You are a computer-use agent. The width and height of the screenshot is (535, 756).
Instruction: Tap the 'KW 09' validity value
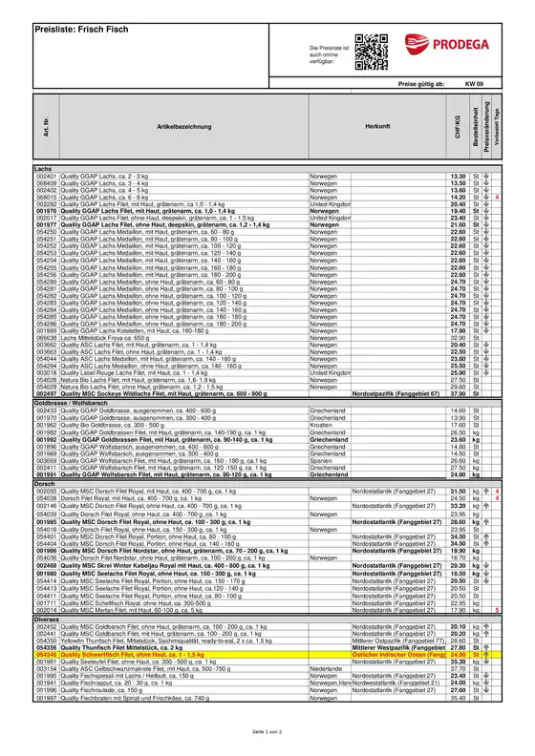point(475,85)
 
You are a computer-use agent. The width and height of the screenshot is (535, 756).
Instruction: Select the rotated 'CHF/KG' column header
point(457,124)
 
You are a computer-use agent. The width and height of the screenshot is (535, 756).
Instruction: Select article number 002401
point(47,177)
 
